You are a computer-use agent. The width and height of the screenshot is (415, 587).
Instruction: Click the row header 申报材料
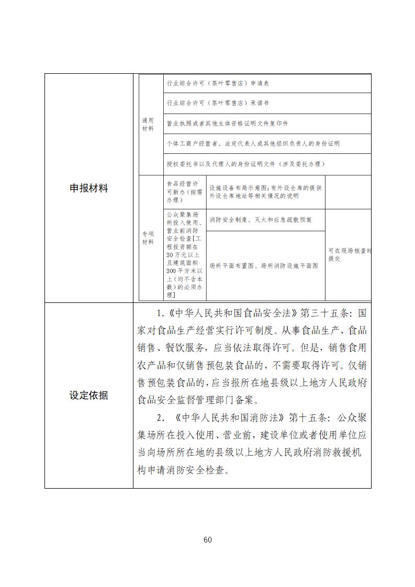pos(88,188)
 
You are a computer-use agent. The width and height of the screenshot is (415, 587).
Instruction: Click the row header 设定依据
pos(88,396)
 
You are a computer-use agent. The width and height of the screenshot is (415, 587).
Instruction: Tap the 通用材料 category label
pos(148,125)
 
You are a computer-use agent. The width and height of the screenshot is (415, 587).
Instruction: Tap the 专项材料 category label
pos(148,239)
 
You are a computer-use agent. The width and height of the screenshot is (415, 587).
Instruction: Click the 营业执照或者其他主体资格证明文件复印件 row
pos(227,124)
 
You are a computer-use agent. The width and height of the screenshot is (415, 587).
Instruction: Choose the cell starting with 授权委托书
pos(245,164)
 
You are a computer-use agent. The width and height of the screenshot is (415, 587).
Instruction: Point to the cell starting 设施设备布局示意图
pos(265,192)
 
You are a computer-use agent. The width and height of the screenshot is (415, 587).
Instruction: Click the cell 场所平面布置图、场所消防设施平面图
pos(263,266)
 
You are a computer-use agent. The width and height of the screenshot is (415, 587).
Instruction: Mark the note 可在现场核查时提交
pos(349,255)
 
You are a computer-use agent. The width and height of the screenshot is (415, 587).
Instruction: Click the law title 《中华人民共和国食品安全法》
pos(232,314)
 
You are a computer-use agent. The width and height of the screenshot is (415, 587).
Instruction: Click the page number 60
pos(207,540)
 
